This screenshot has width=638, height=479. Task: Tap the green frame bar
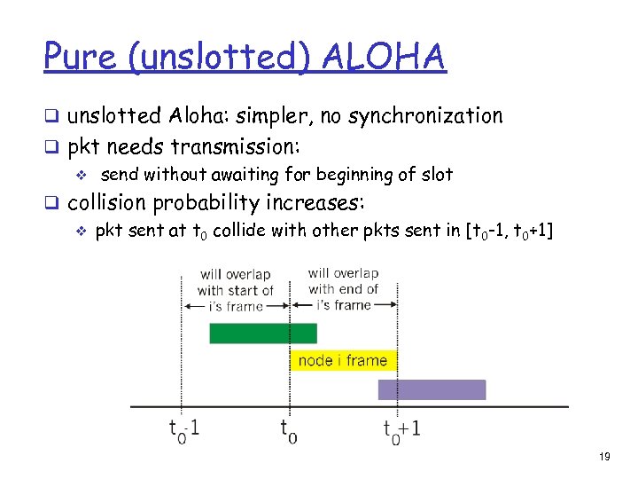(x=262, y=333)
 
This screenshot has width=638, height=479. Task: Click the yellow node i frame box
(x=343, y=360)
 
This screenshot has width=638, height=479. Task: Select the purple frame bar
(x=432, y=389)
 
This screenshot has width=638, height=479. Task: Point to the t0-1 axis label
(x=184, y=430)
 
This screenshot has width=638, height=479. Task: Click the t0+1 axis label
(x=401, y=430)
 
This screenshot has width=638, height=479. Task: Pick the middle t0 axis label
(x=288, y=430)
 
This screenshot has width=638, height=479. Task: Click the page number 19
(x=605, y=457)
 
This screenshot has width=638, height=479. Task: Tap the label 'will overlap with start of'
(x=235, y=282)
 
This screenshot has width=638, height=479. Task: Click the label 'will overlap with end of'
(x=343, y=281)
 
